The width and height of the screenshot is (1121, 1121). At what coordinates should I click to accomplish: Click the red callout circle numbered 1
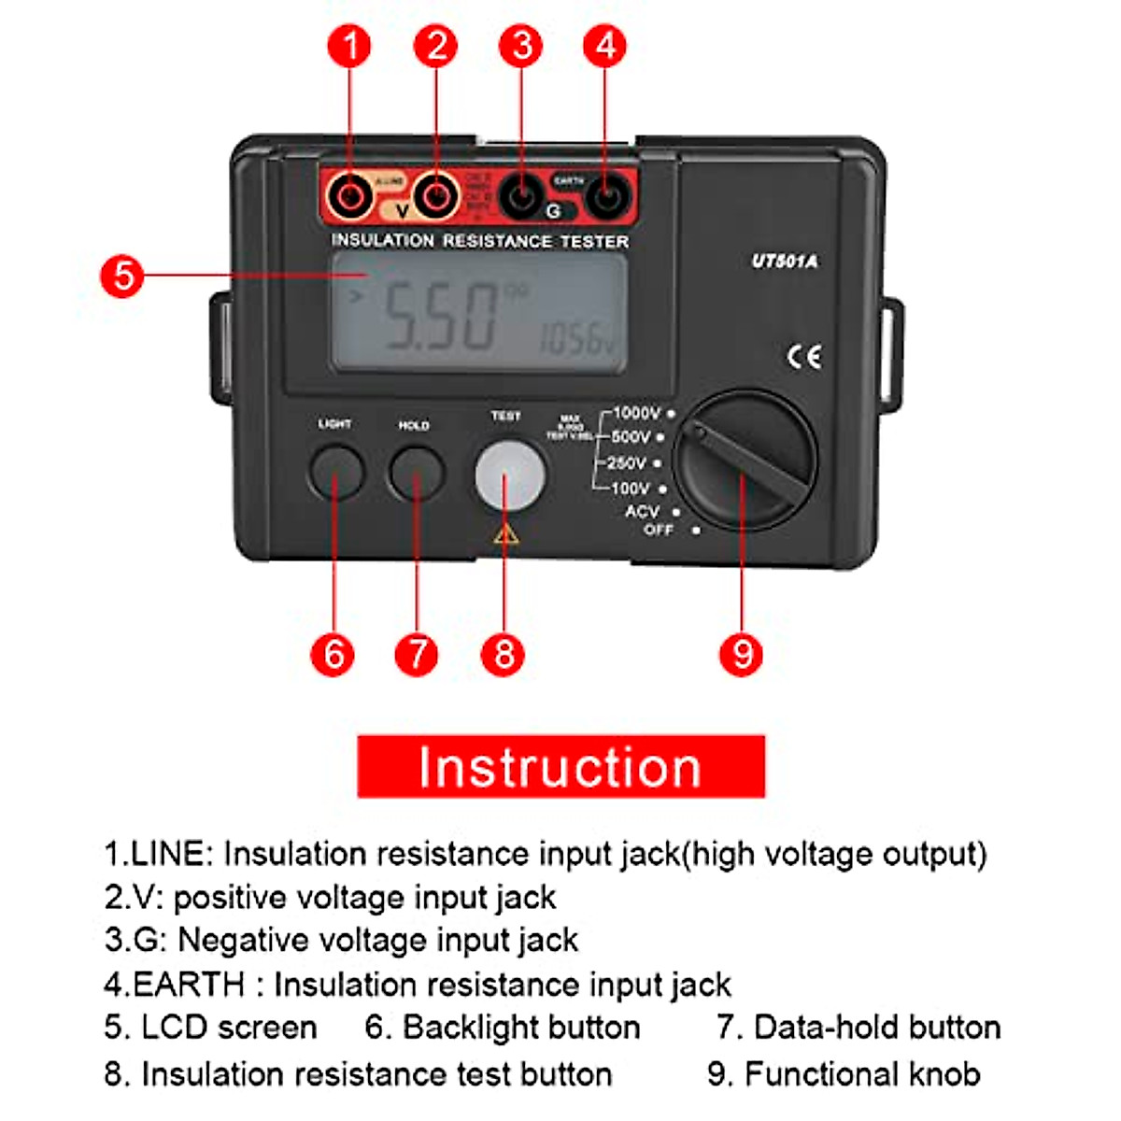[350, 46]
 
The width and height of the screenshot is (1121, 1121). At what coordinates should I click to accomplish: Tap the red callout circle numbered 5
[122, 277]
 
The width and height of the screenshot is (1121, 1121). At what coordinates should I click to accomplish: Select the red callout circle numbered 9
[741, 654]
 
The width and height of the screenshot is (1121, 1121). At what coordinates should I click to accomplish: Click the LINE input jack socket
[350, 197]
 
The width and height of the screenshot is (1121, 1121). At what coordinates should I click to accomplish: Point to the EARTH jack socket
[607, 197]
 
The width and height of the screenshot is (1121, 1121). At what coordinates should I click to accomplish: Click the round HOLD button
[416, 473]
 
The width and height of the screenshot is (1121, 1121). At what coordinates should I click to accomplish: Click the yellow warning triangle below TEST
[505, 534]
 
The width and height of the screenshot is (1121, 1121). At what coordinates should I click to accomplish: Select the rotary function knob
[745, 461]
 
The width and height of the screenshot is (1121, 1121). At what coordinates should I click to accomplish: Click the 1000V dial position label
[636, 413]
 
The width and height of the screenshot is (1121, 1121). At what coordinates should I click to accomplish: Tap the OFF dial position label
[659, 530]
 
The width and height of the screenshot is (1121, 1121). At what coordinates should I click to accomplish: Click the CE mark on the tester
[804, 357]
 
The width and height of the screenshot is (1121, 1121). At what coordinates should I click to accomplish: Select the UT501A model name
[785, 262]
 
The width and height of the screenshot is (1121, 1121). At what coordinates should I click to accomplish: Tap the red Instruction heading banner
[560, 766]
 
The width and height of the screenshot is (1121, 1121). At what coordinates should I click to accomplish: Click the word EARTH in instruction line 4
[190, 984]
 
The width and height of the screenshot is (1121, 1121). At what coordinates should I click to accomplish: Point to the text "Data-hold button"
[877, 1027]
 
